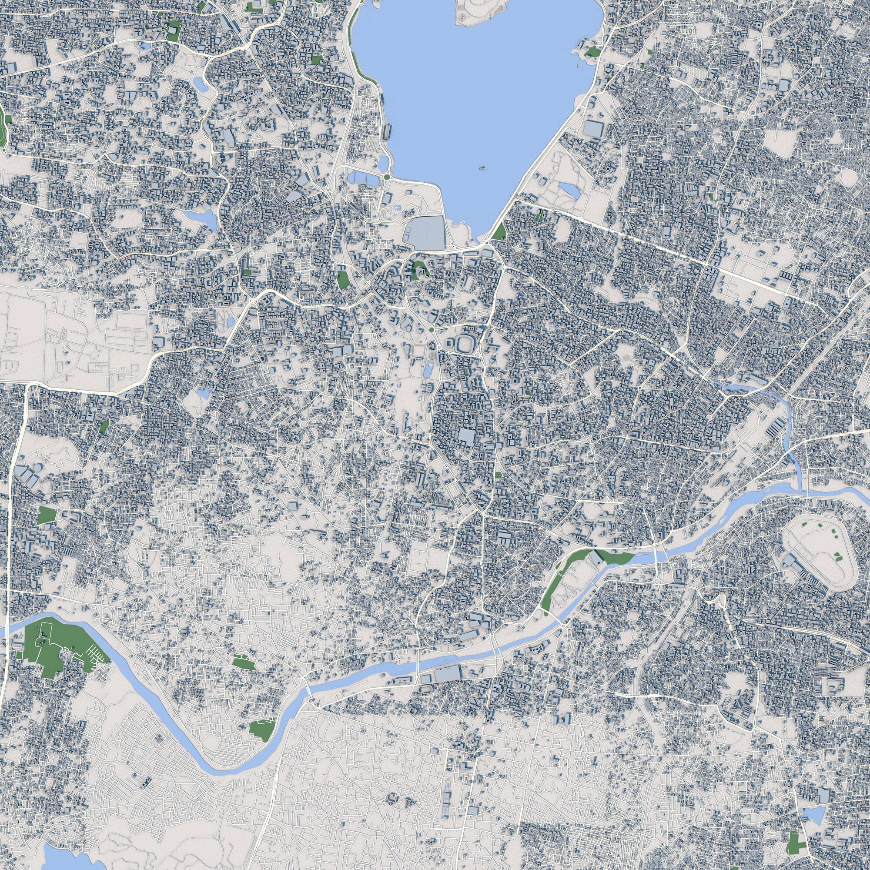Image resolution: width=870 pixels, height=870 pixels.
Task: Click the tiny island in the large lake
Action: point(482,168)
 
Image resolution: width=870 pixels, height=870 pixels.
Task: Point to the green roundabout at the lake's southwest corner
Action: point(386,177)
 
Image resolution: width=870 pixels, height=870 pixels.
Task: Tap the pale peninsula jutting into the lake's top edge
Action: point(475,11)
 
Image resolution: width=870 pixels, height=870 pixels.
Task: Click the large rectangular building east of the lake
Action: point(594,128)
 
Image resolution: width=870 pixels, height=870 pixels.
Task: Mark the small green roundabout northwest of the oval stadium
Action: point(432,330)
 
